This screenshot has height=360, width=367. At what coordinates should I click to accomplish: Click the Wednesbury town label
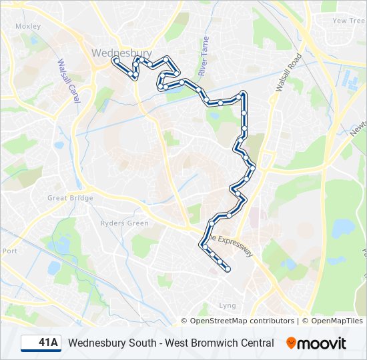point(121,53)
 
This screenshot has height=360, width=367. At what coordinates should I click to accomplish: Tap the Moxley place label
point(28,27)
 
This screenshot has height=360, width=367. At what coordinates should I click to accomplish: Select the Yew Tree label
point(348,21)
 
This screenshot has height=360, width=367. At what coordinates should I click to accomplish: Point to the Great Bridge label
point(70,198)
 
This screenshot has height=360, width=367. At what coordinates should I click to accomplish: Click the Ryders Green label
point(124,223)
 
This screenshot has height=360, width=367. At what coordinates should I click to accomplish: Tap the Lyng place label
point(228,306)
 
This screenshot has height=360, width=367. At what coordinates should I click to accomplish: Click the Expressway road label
point(230,245)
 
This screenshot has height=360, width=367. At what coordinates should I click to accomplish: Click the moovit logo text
point(322,343)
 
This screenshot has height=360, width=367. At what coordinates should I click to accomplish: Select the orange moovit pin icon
point(291,343)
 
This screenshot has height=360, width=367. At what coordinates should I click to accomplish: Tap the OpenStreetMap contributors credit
point(242,321)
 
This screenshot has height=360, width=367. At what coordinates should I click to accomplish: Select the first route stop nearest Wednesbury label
point(116,61)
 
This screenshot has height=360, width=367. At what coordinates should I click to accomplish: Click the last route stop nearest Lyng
point(228,269)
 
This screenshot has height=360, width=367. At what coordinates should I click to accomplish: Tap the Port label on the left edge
point(9,251)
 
